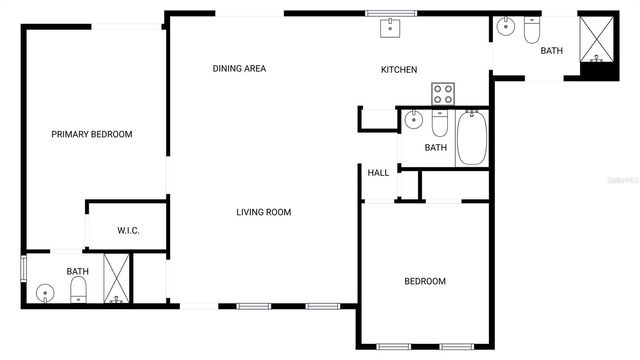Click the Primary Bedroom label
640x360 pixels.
92,134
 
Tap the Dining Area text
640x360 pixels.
239,69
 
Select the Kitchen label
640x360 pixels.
398,69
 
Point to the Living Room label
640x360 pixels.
263,212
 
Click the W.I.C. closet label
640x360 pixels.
128,231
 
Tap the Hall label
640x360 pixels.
378,173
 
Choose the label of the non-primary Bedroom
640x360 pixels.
424,281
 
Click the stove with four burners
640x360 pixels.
442,94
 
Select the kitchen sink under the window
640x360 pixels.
390,27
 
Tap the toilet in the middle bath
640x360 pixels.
439,125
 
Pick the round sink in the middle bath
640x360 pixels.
413,124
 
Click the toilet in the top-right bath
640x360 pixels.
531,31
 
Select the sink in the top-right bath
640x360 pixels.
504,27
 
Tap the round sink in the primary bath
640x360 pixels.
44,293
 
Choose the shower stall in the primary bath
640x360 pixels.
117,279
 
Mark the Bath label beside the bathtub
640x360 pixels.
435,148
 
